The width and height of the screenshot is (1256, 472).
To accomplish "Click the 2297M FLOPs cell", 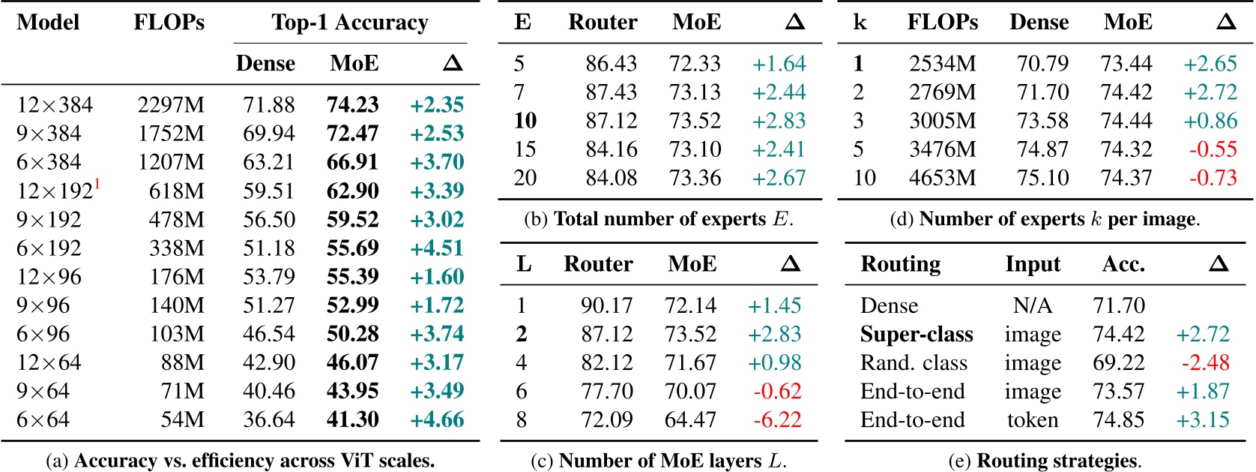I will tap(170, 105).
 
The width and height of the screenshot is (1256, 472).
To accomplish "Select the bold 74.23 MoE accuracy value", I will tap(352, 105).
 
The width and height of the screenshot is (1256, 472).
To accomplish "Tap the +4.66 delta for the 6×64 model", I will tap(437, 419).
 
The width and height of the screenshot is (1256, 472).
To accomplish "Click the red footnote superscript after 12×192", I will tap(97, 184).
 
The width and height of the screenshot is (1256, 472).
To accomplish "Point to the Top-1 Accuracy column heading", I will tap(350, 23).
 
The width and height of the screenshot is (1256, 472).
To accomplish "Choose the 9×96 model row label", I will tap(43, 305).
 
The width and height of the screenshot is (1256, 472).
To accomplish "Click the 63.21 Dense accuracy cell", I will tap(268, 162).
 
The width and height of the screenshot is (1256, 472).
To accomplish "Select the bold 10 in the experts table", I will tap(525, 121).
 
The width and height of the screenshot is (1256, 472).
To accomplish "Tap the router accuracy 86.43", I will tap(611, 64).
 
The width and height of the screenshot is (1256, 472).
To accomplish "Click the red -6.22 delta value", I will tap(776, 419).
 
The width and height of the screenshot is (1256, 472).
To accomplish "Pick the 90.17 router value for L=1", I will tap(606, 305).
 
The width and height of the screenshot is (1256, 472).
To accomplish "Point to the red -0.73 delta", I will tap(1213, 178).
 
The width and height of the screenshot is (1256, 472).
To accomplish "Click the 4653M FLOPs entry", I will tap(942, 178).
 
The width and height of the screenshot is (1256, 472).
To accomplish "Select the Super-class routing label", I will tap(916, 334).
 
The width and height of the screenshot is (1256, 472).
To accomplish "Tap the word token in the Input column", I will tap(1032, 419).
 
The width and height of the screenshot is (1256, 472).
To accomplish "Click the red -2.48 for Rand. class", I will tap(1205, 362).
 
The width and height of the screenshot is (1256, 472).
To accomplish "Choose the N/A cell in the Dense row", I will tap(1032, 305).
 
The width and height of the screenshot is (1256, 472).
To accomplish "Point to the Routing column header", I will tap(900, 264).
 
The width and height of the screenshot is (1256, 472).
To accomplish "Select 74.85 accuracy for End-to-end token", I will tap(1118, 419).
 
